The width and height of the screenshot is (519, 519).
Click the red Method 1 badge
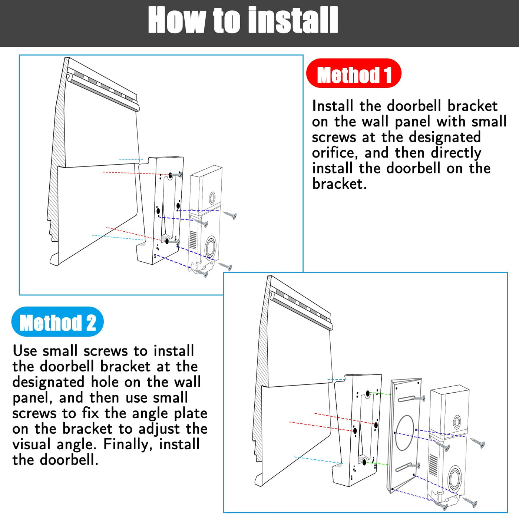tap(354, 73)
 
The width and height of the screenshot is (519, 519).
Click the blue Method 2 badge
tap(57, 321)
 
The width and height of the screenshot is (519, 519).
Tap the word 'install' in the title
tap(292, 20)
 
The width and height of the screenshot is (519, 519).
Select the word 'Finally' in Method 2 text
tap(126, 444)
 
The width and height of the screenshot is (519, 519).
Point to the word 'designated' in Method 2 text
tap(49, 383)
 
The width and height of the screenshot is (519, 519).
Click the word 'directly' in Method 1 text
tap(456, 153)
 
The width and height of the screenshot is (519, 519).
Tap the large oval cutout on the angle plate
tap(404, 433)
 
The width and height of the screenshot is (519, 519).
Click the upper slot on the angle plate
tap(407, 399)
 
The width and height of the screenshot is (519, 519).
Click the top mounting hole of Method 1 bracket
tap(171, 176)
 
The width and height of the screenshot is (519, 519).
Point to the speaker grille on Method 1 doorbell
tap(193, 240)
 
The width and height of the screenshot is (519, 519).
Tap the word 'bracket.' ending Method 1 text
tap(339, 184)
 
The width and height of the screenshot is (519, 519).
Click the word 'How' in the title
tap(178, 20)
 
